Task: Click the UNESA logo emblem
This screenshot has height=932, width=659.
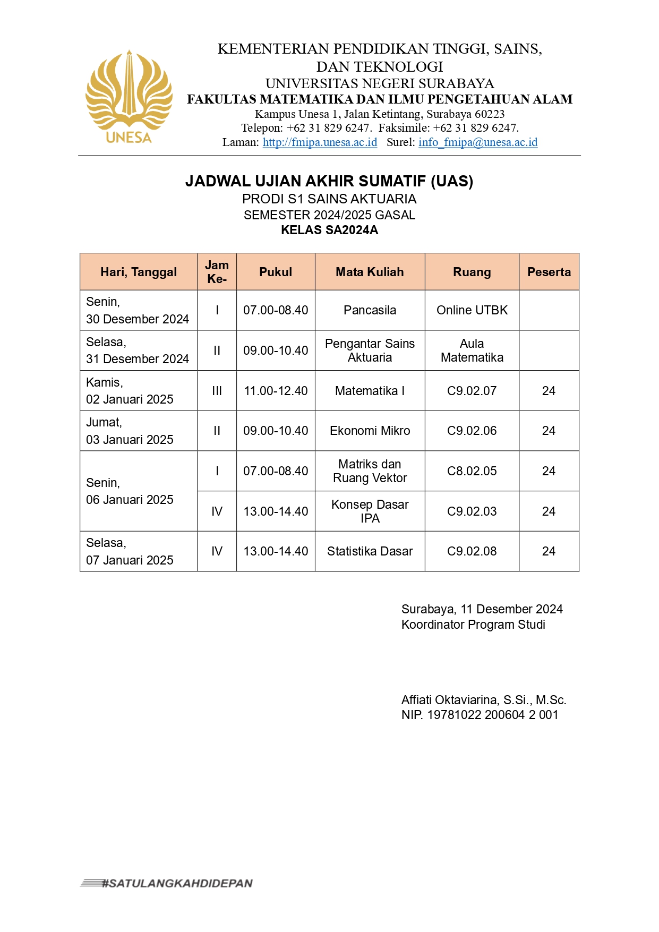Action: click(129, 96)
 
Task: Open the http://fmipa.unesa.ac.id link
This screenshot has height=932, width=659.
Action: click(320, 142)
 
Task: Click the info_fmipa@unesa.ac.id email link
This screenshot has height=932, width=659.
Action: click(478, 142)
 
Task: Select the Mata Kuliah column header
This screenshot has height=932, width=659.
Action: click(370, 272)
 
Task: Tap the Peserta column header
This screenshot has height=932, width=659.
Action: click(549, 272)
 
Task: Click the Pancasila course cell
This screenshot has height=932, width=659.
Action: click(370, 310)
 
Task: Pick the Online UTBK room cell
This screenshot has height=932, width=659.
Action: click(472, 310)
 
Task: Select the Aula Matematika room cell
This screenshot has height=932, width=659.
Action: click(472, 350)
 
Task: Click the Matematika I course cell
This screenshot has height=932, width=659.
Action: click(370, 391)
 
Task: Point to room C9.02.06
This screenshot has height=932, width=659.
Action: click(472, 431)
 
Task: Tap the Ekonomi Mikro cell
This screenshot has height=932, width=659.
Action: click(370, 431)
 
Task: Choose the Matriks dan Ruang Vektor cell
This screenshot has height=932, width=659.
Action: click(370, 471)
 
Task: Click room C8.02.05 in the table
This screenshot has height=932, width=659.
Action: click(472, 471)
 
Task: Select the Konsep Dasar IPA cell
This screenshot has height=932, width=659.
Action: click(370, 511)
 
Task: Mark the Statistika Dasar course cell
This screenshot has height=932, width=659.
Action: click(370, 551)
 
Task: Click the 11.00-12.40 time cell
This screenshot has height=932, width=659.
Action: click(276, 391)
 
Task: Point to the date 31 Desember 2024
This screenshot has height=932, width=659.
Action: click(137, 359)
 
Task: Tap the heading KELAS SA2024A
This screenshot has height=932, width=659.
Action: click(329, 230)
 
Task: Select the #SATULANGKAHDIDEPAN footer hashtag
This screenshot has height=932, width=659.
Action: click(177, 883)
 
